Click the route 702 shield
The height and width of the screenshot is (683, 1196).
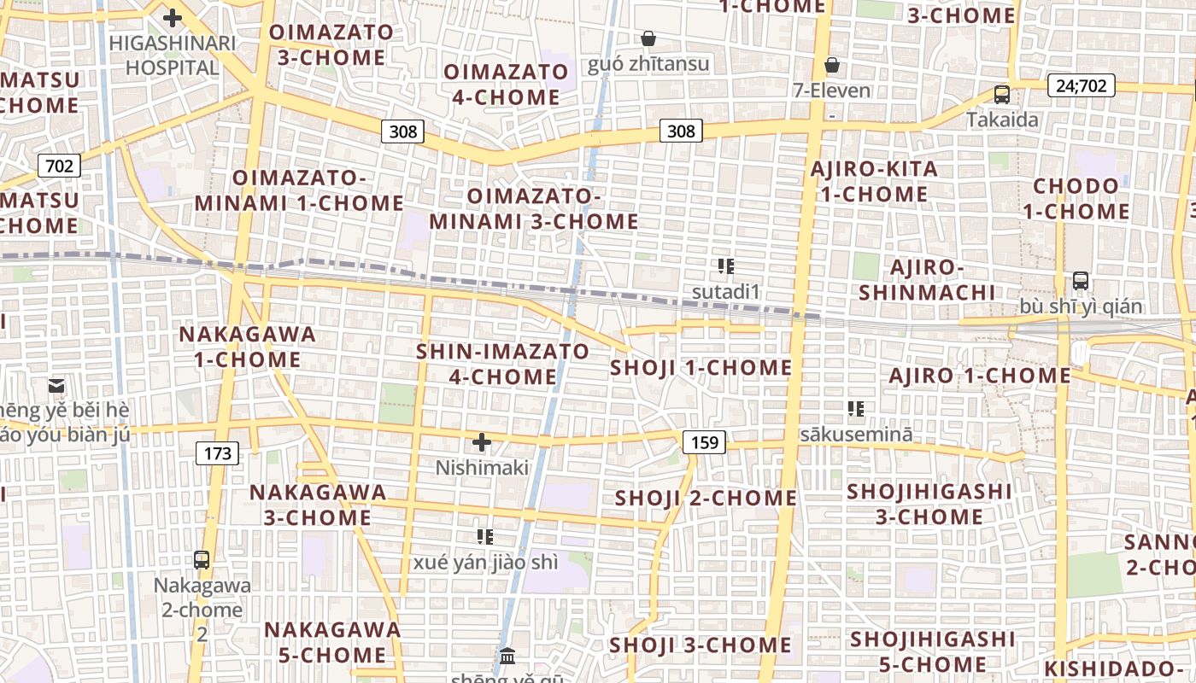pos(59,165)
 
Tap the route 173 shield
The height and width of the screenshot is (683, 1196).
pos(218,452)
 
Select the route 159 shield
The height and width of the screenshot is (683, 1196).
pos(704,441)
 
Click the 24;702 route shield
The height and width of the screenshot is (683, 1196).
pos(1081,85)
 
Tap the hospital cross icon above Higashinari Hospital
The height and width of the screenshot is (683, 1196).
pos(173,17)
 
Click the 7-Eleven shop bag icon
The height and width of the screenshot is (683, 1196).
pos(831,65)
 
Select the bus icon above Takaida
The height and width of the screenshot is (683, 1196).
pos(1002,94)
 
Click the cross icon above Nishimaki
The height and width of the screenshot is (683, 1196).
pos(482,442)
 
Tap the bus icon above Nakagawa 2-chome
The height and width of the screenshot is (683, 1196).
pos(202,560)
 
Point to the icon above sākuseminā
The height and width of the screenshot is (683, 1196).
pos(856,409)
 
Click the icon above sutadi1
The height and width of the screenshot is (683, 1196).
pos(726,266)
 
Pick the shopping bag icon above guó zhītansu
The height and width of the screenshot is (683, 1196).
pos(648,38)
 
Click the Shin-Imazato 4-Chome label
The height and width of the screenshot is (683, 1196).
pos(502,364)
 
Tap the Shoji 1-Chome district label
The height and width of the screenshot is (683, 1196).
pos(701,368)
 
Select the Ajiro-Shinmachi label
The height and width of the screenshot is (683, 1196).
pos(927,280)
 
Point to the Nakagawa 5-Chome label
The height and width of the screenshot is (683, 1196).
pos(332,642)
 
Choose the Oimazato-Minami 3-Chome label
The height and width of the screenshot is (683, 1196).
pos(534,209)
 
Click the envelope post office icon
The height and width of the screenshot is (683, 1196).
pos(56,386)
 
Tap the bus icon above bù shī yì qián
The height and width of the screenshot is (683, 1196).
pos(1081,280)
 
